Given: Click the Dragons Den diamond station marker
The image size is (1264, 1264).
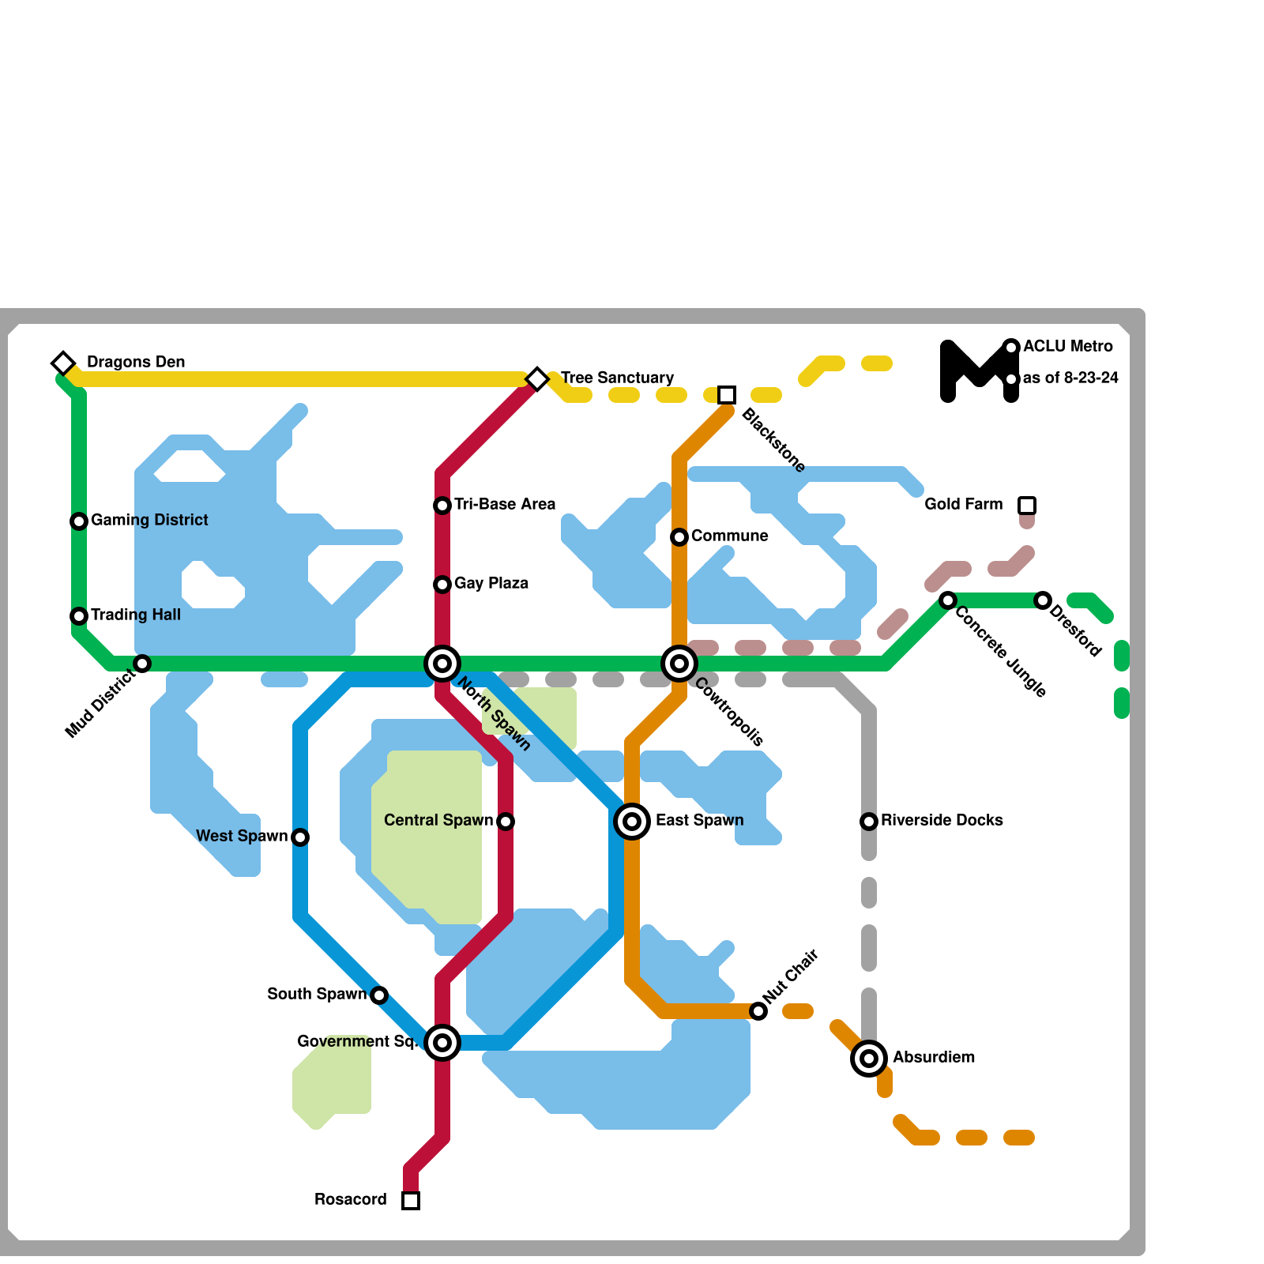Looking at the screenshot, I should (x=63, y=363).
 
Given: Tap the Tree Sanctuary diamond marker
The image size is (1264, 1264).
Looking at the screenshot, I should (x=537, y=379).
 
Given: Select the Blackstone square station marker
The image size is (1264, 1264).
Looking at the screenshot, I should (x=727, y=395).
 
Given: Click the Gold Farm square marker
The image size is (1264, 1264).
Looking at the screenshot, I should (x=1027, y=506).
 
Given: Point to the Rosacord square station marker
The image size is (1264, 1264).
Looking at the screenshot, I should (x=411, y=1201).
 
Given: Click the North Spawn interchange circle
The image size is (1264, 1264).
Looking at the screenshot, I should (x=442, y=664).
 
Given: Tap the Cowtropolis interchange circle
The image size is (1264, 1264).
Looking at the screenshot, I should (x=679, y=664).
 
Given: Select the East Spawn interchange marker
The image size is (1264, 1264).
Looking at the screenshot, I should (x=632, y=822).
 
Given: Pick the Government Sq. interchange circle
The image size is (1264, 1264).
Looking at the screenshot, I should (x=442, y=1043).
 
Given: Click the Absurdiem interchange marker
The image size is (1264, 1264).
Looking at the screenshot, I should (x=869, y=1059).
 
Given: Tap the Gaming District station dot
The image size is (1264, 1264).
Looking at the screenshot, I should (x=79, y=521).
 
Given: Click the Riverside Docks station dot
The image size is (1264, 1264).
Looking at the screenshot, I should (x=869, y=822).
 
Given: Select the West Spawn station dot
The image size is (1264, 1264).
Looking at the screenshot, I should (x=300, y=837).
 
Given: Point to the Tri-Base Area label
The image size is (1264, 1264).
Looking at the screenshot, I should (x=505, y=504).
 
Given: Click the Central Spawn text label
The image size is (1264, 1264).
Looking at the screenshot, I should (x=438, y=820).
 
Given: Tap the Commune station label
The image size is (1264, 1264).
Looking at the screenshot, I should (x=729, y=536).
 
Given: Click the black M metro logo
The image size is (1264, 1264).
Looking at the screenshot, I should (x=980, y=371).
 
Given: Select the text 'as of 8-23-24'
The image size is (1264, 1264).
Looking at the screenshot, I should (x=1070, y=378).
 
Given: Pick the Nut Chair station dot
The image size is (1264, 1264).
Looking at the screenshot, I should (x=758, y=1011).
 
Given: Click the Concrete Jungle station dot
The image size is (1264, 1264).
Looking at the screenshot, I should (x=948, y=600).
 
